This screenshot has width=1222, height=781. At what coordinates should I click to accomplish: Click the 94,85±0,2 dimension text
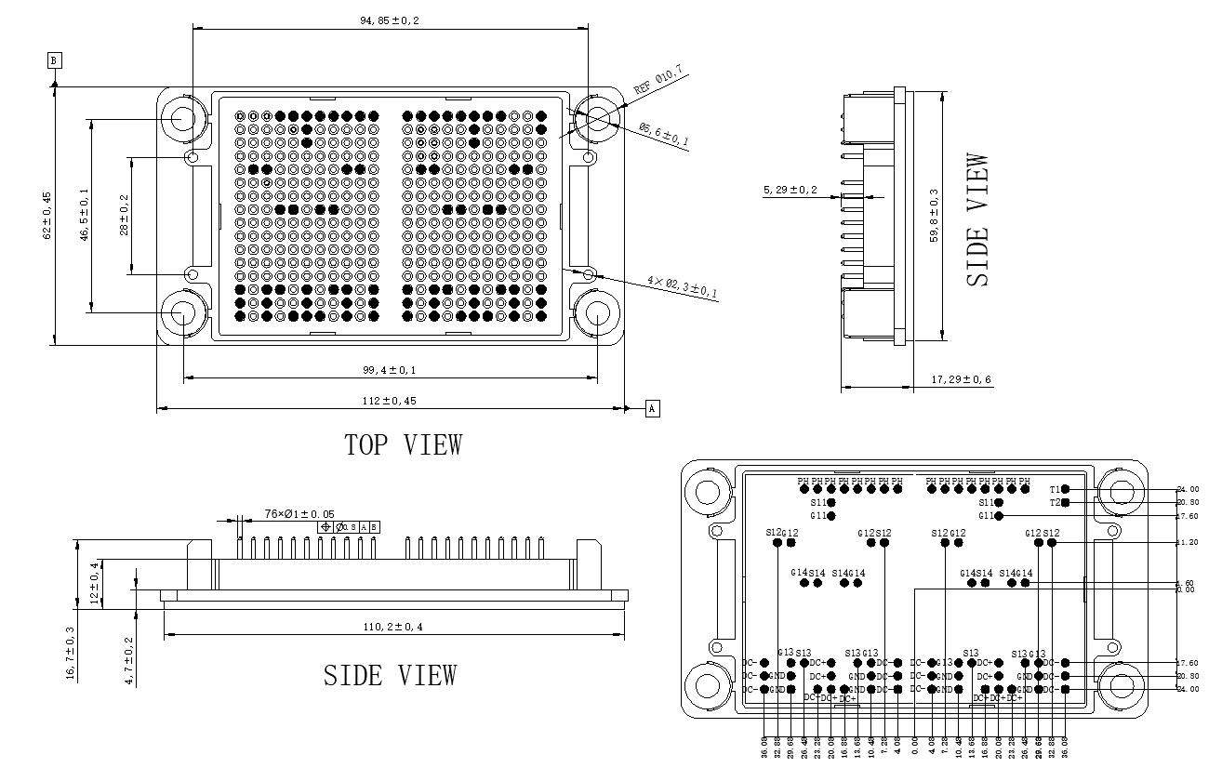(389, 20)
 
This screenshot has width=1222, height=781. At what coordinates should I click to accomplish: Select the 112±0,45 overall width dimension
(390, 401)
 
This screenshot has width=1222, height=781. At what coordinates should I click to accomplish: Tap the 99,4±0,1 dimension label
(390, 370)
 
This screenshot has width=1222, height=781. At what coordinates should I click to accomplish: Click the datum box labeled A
(652, 408)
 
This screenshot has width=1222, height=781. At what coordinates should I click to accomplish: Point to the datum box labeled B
(54, 60)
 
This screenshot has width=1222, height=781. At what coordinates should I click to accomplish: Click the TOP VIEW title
(403, 444)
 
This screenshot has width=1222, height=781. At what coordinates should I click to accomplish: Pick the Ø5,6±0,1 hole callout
(663, 134)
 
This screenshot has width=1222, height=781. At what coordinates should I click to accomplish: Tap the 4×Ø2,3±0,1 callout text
(683, 287)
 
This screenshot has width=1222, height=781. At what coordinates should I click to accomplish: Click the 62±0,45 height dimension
(47, 216)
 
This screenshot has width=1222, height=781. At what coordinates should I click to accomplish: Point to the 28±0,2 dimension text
(124, 216)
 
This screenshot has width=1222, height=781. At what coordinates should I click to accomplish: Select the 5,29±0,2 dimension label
(790, 190)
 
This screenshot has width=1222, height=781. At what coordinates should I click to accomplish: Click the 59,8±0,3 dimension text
(935, 216)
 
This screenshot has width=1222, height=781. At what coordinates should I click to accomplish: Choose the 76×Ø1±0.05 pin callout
(299, 513)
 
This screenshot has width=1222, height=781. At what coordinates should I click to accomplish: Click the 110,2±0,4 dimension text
(392, 627)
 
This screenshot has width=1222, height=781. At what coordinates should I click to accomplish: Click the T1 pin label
(1055, 489)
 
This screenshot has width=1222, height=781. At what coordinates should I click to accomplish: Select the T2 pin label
(1055, 502)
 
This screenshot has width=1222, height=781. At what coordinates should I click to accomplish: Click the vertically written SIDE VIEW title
(977, 219)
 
